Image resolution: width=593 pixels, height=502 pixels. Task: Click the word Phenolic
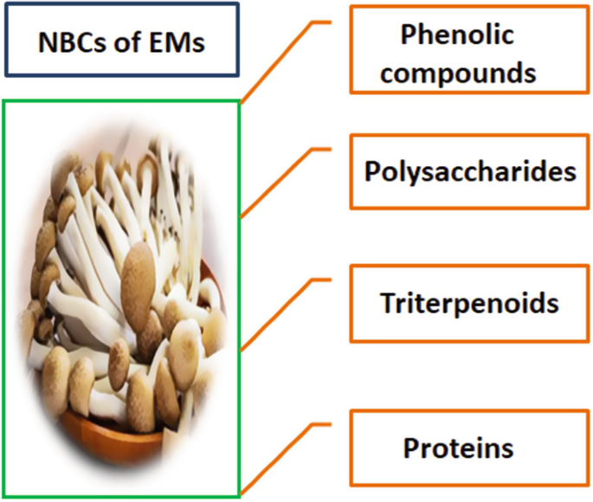[x=457, y=35]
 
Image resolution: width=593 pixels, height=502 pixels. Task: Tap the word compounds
[x=458, y=73]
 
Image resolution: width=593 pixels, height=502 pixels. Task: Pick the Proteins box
[x=458, y=448]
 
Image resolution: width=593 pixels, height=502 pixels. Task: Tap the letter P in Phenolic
[x=408, y=35]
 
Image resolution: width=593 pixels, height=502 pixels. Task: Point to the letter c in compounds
[x=389, y=74]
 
